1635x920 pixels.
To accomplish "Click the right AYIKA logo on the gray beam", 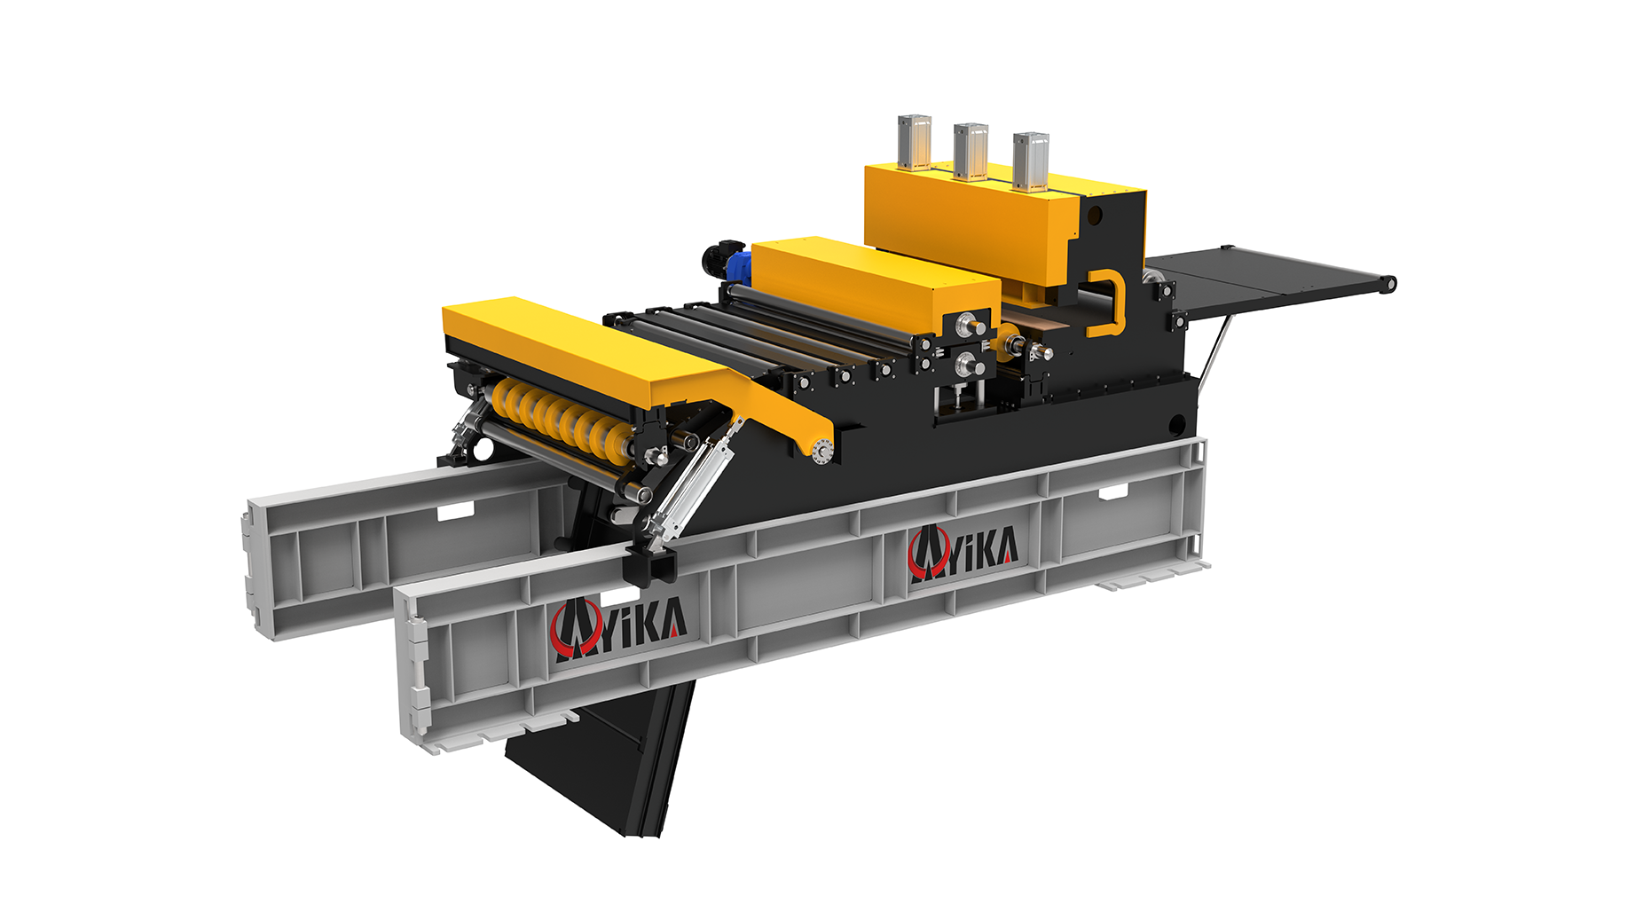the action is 963,554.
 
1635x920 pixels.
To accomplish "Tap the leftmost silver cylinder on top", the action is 915,142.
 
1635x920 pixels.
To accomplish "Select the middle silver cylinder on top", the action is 971,152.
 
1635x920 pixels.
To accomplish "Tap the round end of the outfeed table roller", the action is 1388,284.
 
